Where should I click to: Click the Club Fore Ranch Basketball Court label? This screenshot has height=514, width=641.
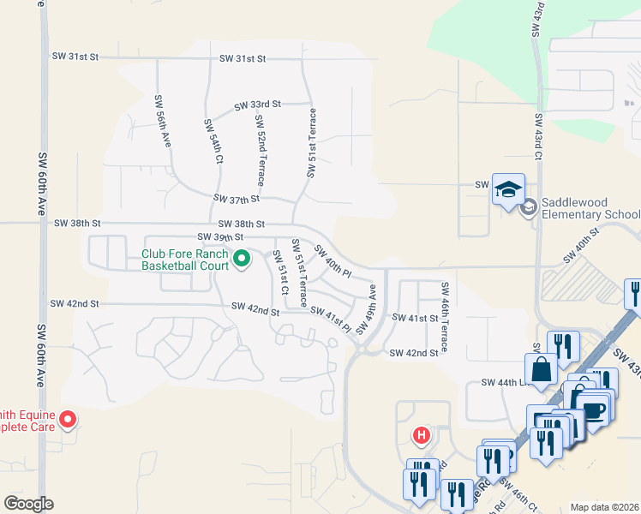pyautogui.click(x=185, y=260)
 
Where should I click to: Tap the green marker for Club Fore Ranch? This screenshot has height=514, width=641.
pyautogui.click(x=242, y=257)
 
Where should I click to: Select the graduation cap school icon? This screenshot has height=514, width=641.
pyautogui.click(x=508, y=189)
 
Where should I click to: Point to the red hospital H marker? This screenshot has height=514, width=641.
pyautogui.click(x=421, y=435)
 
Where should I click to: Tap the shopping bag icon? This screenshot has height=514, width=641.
pyautogui.click(x=542, y=371)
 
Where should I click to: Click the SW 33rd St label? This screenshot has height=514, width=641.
pyautogui.click(x=258, y=105)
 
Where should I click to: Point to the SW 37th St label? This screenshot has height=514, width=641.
pyautogui.click(x=237, y=200)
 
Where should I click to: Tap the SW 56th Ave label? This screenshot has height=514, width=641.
pyautogui.click(x=161, y=122)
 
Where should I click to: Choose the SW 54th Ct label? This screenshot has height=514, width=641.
pyautogui.click(x=213, y=141)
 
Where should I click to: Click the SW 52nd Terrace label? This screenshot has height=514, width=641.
pyautogui.click(x=259, y=149)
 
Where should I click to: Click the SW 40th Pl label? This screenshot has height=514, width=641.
pyautogui.click(x=332, y=261)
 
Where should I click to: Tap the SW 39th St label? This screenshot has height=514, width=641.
pyautogui.click(x=220, y=236)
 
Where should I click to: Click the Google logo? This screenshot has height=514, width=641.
pyautogui.click(x=28, y=504)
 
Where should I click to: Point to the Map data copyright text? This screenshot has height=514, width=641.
pyautogui.click(x=604, y=507)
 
